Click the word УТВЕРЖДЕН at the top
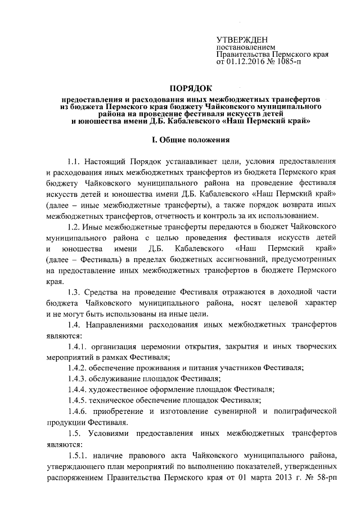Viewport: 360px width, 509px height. tap(238, 40)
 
